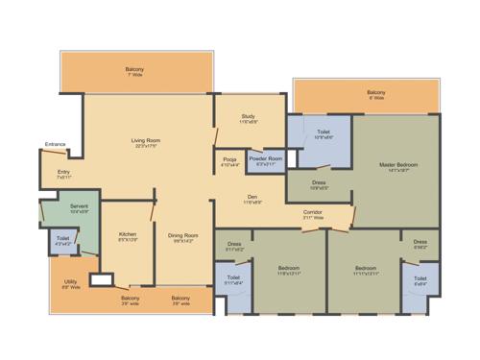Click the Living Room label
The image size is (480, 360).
pyautogui.click(x=146, y=141)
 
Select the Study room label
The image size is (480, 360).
pyautogui.click(x=248, y=116)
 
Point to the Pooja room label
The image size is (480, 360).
pyautogui.click(x=229, y=158)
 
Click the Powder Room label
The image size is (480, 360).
pyautogui.click(x=266, y=158)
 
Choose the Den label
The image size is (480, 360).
pyautogui.click(x=252, y=196)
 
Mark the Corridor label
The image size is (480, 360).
pyautogui.click(x=312, y=211)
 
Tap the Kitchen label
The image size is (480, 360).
pyautogui.click(x=128, y=233)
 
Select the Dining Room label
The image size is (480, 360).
pyautogui.click(x=182, y=235)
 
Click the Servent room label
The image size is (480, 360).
pyautogui.click(x=79, y=205)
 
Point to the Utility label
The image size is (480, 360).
pyautogui.click(x=71, y=281)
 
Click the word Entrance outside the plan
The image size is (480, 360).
pyautogui.click(x=55, y=145)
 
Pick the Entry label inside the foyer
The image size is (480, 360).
pyautogui.click(x=63, y=173)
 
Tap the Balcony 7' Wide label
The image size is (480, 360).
pyautogui.click(x=134, y=69)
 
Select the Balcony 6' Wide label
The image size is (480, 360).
pyautogui.click(x=375, y=92)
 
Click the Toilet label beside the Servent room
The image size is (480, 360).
pyautogui.click(x=62, y=237)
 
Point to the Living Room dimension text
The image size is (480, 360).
pyautogui.click(x=146, y=147)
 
